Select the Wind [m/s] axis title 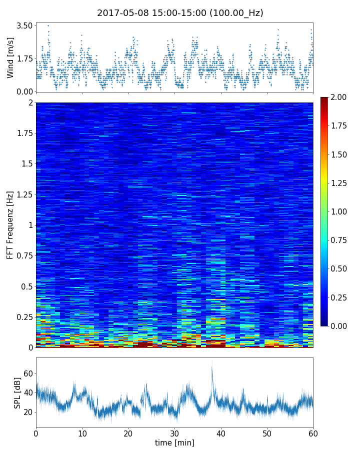(10, 57)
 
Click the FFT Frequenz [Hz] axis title (10, 224)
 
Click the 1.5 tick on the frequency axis (26, 164)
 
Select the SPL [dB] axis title (18, 392)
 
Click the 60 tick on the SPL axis (27, 373)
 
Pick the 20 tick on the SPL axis (27, 412)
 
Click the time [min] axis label (174, 443)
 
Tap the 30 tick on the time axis (174, 433)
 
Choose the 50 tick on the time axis (267, 433)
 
